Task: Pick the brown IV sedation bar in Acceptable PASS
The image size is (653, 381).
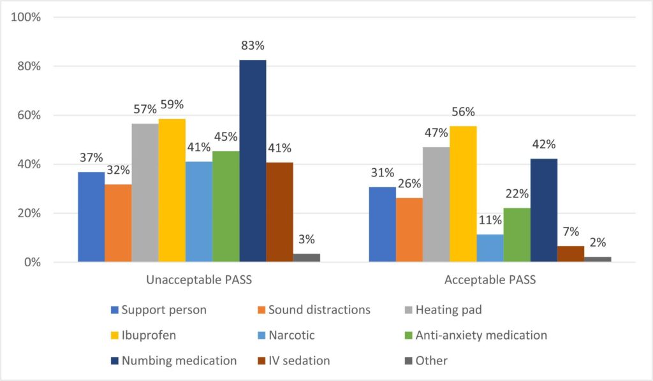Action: pyautogui.click(x=571, y=254)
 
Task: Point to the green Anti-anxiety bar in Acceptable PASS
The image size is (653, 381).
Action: pyautogui.click(x=517, y=234)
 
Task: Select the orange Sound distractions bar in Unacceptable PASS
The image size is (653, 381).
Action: pyautogui.click(x=118, y=223)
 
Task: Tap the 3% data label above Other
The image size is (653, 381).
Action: pyautogui.click(x=307, y=240)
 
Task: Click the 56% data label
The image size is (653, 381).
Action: pyautogui.click(x=463, y=112)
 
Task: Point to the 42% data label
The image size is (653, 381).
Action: pyautogui.click(x=544, y=144)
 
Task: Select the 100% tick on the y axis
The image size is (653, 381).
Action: pyautogui.click(x=26, y=17)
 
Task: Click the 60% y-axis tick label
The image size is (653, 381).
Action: pyautogui.click(x=29, y=115)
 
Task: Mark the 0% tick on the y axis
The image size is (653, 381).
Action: pyautogui.click(x=31, y=262)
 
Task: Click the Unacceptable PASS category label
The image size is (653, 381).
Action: pyautogui.click(x=199, y=280)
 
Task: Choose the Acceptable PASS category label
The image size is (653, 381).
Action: pyautogui.click(x=490, y=280)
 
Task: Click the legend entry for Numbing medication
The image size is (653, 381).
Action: pyautogui.click(x=173, y=361)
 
